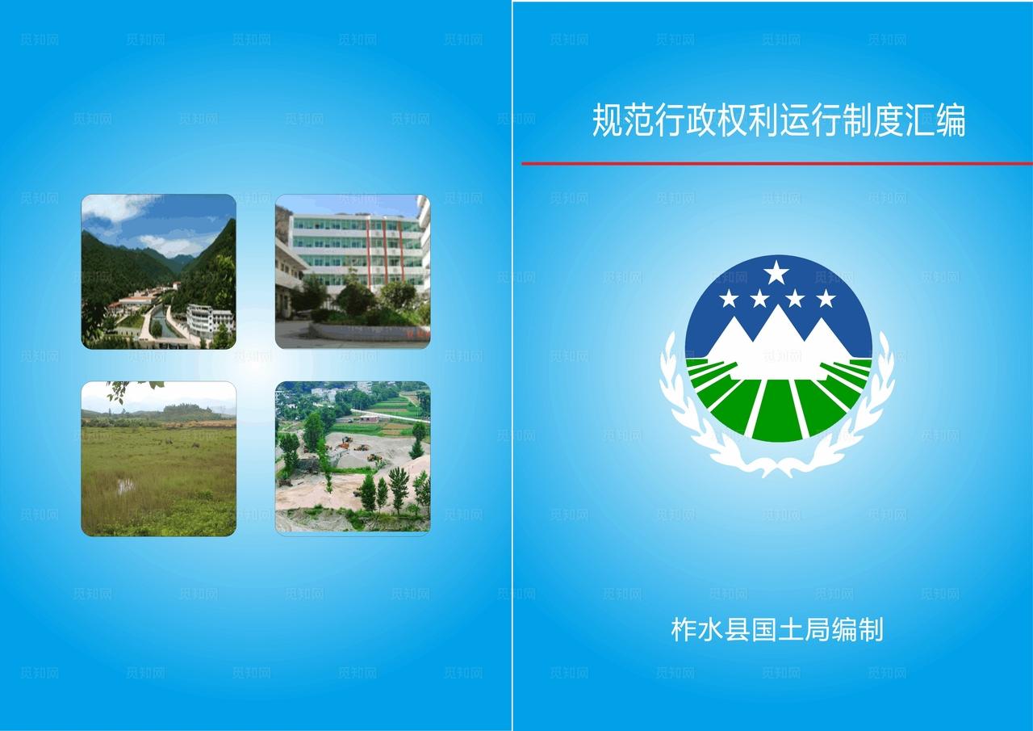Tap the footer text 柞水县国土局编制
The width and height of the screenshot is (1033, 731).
click(776, 628)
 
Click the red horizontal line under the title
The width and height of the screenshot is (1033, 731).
click(776, 163)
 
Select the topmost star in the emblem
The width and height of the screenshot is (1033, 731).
click(776, 273)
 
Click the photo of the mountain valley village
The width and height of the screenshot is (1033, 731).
click(158, 271)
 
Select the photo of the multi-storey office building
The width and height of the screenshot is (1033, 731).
click(353, 271)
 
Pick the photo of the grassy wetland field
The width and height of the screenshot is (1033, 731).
click(158, 459)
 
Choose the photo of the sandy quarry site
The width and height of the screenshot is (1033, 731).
click(353, 459)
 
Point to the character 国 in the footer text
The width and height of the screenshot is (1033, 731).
click(764, 628)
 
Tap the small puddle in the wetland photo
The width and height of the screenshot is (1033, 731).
click(125, 485)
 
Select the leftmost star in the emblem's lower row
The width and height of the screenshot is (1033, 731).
click(729, 299)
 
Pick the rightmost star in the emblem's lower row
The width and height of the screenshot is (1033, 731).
click(826, 299)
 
